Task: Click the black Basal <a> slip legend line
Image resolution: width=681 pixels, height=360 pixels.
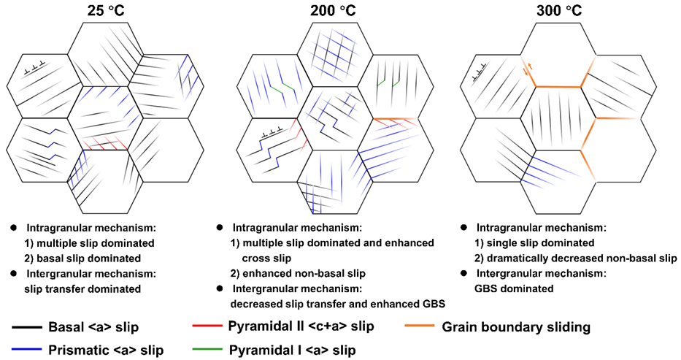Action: pos(30,326)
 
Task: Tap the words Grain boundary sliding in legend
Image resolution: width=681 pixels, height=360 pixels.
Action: pos(516,326)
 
